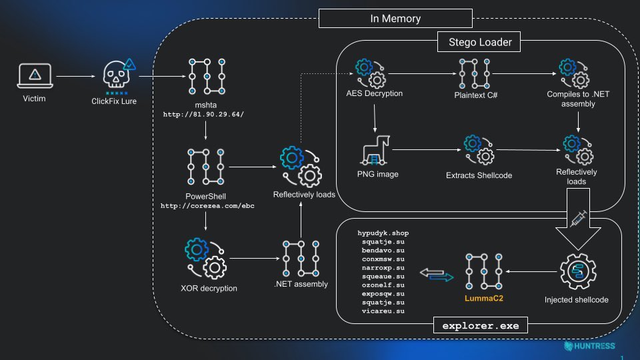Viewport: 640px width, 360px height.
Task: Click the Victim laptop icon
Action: pos(34,76)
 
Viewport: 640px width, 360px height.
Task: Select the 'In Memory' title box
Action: pos(395,19)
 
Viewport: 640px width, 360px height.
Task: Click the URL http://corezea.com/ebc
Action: pos(207,206)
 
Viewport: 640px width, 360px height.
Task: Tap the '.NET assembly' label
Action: pos(301,284)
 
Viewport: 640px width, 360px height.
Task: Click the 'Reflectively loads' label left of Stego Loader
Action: pos(304,195)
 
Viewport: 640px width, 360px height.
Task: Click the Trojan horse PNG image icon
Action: pos(375,151)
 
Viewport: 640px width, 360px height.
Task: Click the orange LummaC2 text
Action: pos(484,298)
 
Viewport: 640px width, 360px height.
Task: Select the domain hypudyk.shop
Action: pos(383,233)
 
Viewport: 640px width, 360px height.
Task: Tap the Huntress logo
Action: pos(589,346)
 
